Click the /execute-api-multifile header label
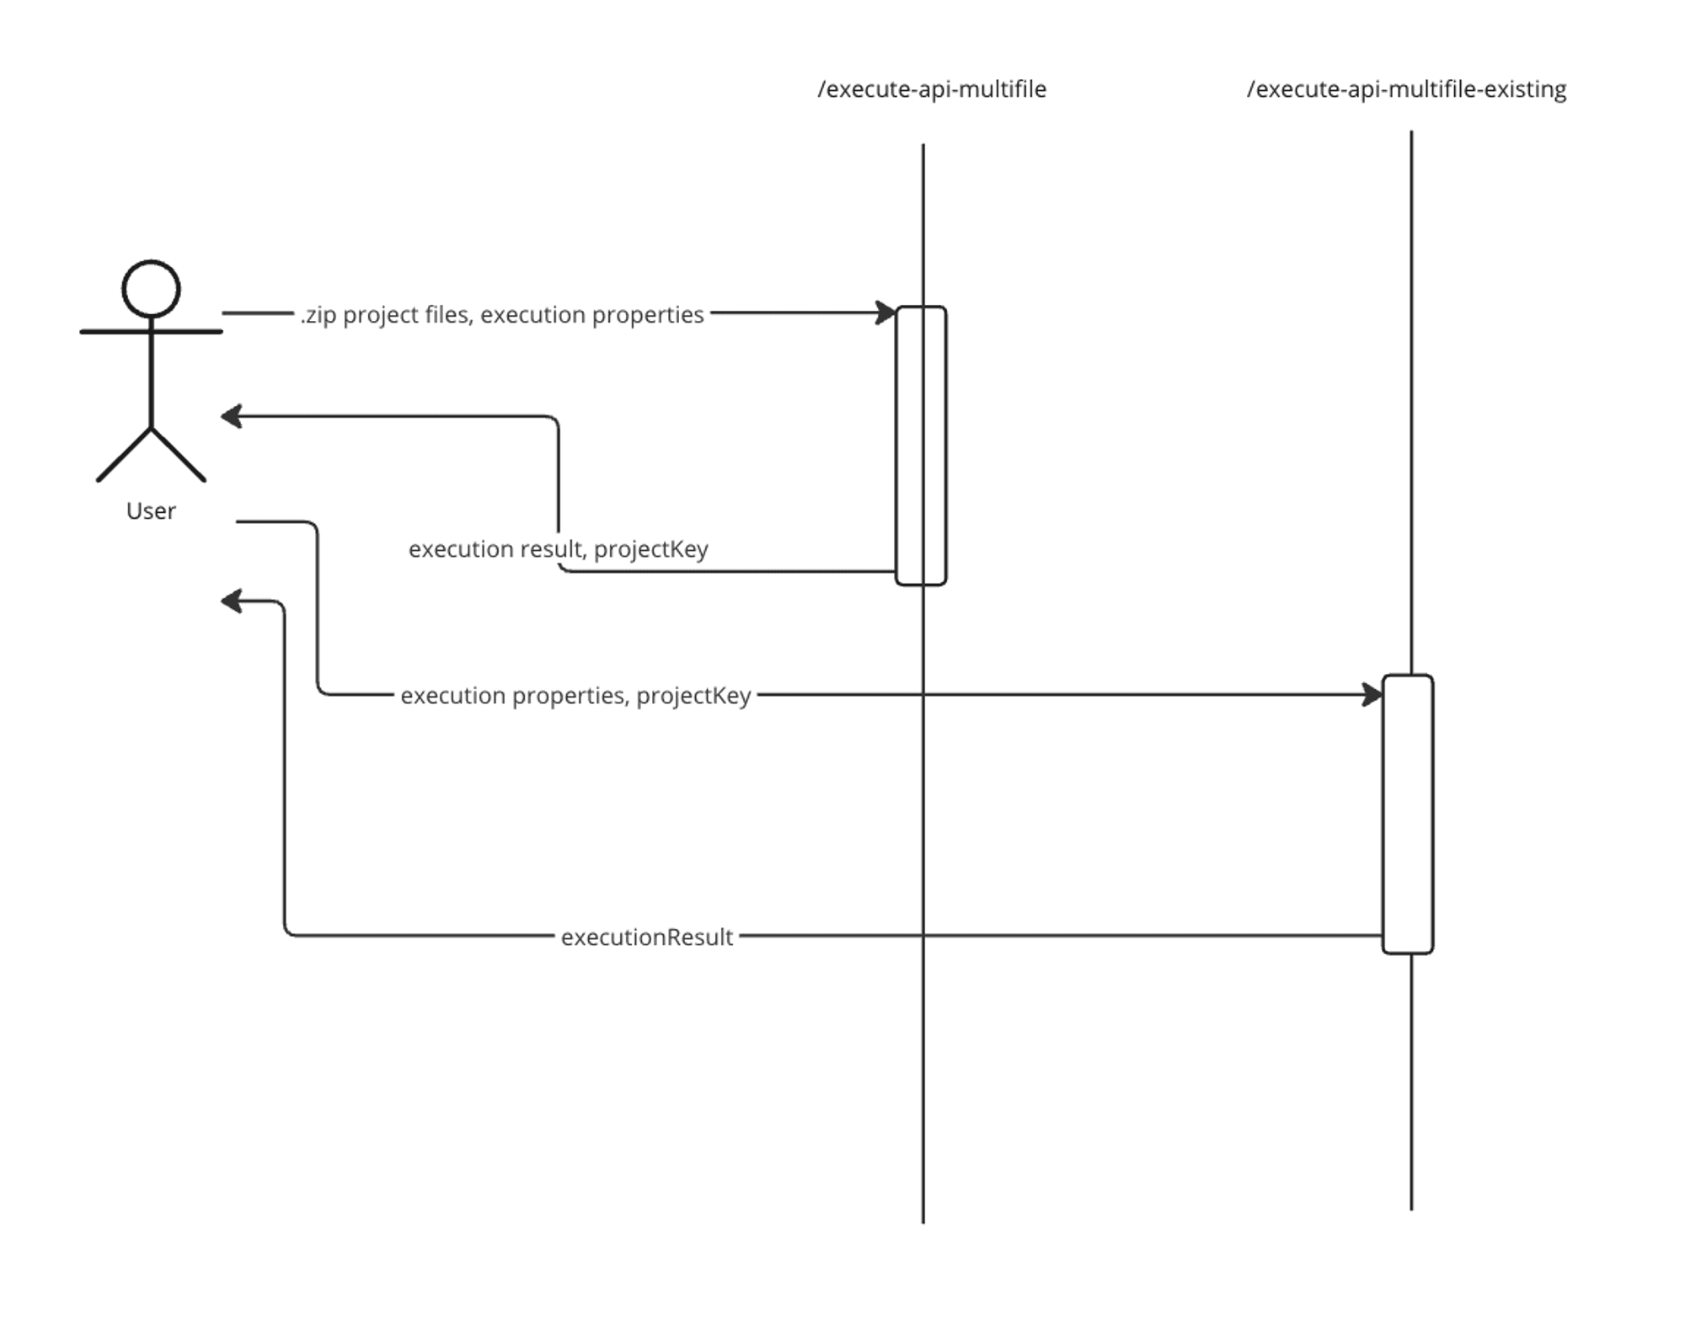coord(932,89)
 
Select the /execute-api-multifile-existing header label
coord(1406,89)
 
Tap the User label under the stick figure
coord(151,511)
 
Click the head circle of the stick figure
coord(151,289)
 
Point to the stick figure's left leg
coord(125,455)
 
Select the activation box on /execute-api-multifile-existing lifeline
coord(1407,814)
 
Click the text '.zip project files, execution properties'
coord(502,315)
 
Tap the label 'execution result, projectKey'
coord(558,549)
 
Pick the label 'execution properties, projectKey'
coord(575,696)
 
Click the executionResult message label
coord(647,937)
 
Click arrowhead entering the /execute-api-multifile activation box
coord(885,312)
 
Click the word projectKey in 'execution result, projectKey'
coord(650,549)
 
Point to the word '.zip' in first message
coord(318,315)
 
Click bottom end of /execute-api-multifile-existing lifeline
coord(1411,1207)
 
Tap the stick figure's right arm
coord(189,332)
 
